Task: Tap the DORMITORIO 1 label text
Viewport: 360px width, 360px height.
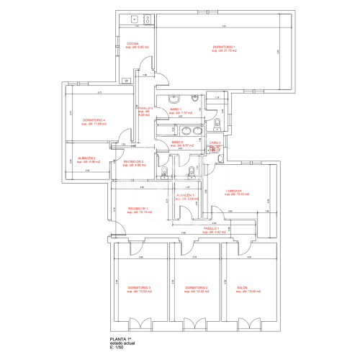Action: click(x=225, y=48)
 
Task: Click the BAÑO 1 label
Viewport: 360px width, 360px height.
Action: click(x=176, y=109)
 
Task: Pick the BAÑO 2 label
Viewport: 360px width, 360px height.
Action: click(x=176, y=143)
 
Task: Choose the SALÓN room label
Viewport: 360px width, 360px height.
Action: click(x=243, y=287)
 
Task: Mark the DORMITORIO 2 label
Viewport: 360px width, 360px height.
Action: click(x=197, y=287)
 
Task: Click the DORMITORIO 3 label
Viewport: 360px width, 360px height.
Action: click(x=139, y=287)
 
